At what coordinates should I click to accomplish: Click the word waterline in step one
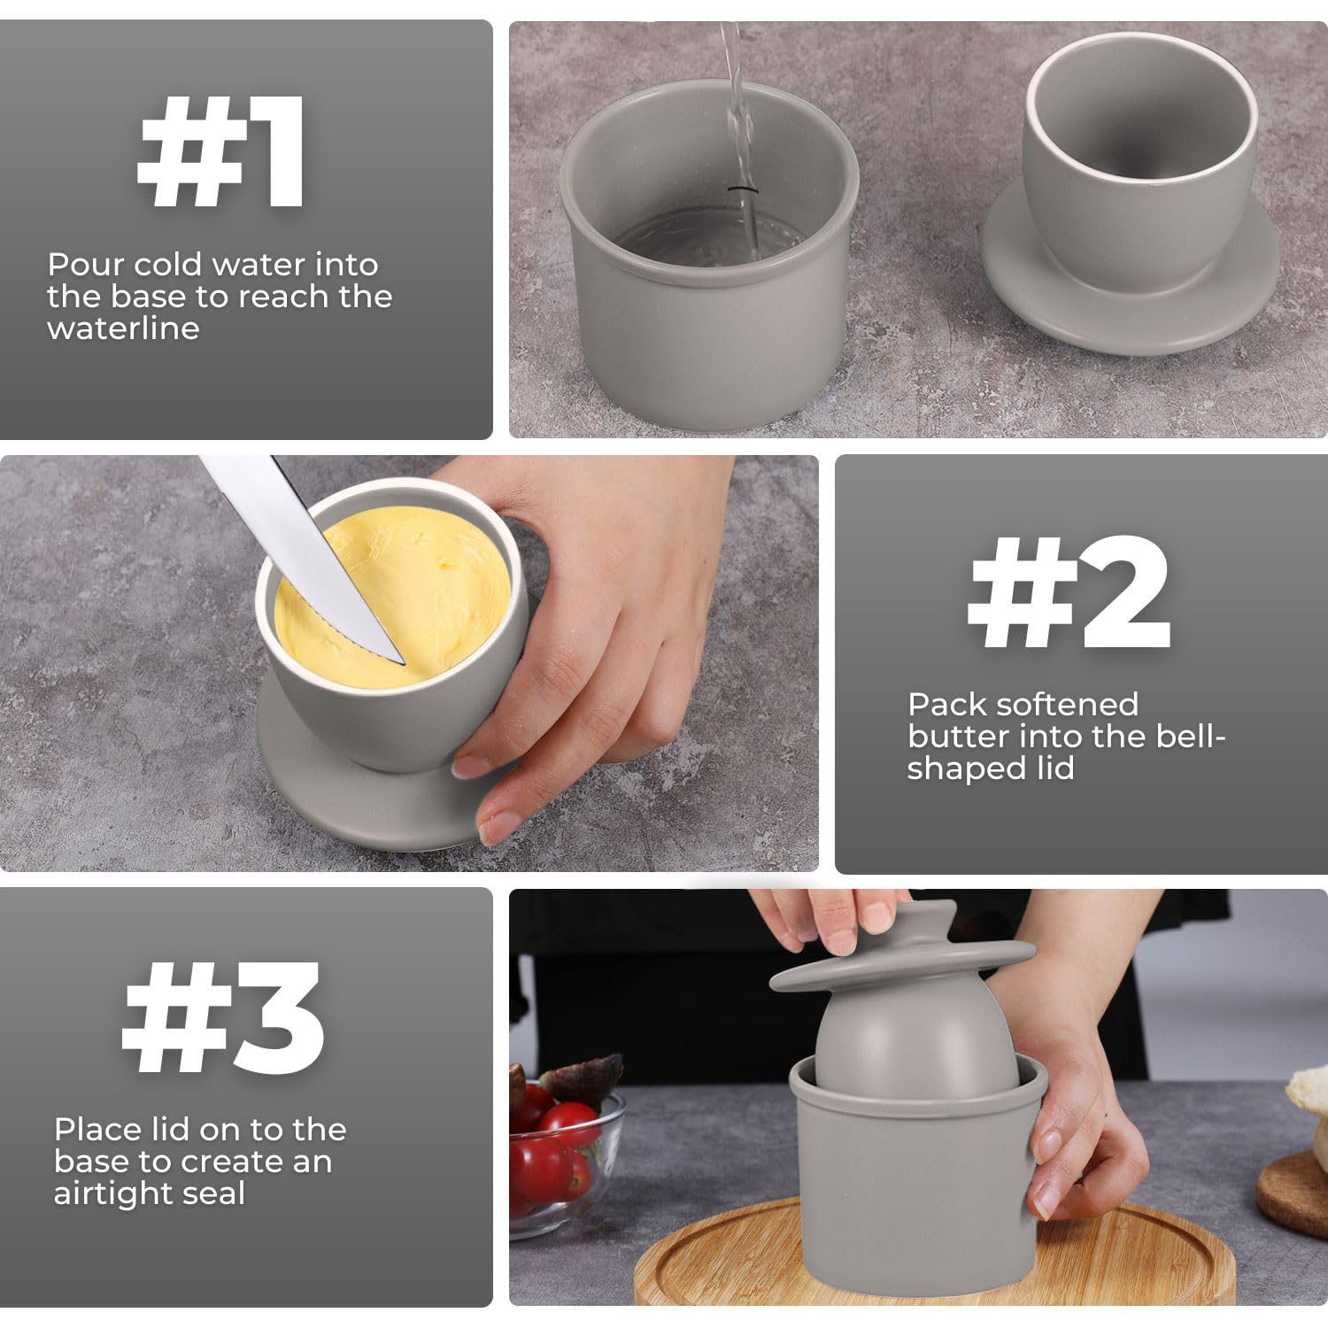click(x=123, y=328)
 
